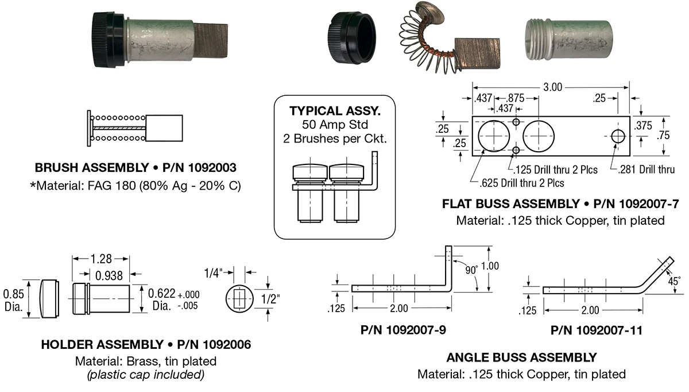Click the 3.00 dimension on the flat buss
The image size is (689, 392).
[x=552, y=87]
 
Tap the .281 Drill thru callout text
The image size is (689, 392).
[x=647, y=170]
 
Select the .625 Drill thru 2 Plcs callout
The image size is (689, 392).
[x=522, y=183]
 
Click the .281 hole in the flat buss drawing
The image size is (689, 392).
[x=618, y=136]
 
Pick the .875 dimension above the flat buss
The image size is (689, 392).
[x=516, y=98]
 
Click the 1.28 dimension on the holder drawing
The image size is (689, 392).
[x=101, y=259]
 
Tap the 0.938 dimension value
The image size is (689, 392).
[x=109, y=275]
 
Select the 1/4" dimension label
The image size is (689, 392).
[x=213, y=273]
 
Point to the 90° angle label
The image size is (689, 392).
[x=471, y=270]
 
